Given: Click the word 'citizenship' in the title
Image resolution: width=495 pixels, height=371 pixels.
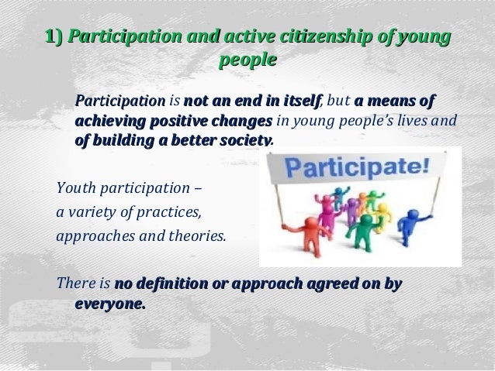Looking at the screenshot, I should tap(296, 36).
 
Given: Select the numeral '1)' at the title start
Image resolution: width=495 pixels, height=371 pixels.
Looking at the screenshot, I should tap(54, 36).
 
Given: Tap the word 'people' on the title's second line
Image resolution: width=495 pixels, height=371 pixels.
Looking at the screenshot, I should tap(247, 59).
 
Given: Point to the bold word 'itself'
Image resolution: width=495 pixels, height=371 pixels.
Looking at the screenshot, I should tap(299, 101).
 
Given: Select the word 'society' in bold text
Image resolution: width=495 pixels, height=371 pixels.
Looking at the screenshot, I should tap(244, 141).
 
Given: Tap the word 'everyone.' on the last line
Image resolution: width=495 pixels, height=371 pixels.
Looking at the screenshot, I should tap(109, 304).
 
